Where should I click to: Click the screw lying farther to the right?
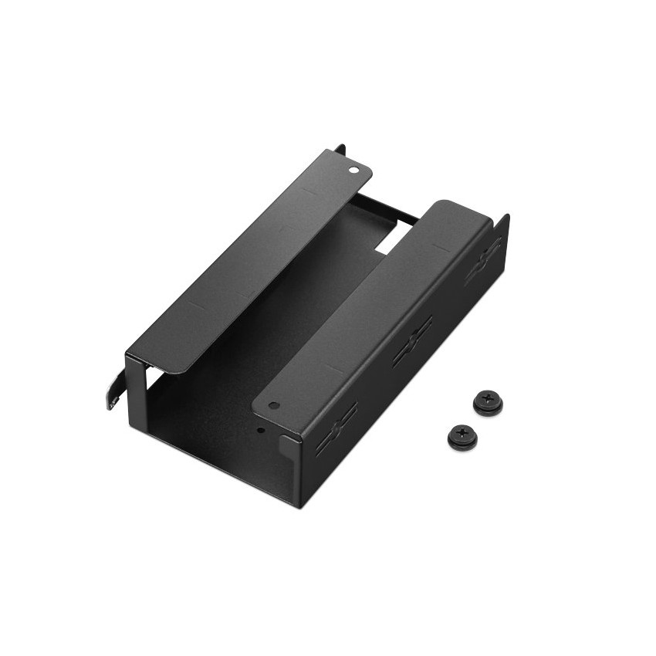click(x=488, y=402)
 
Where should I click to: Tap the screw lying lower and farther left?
click(x=462, y=437)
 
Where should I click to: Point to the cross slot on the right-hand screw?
click(x=488, y=398)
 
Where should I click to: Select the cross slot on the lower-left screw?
click(x=462, y=433)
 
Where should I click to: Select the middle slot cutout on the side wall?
click(x=412, y=340)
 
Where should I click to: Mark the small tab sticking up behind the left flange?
click(x=339, y=147)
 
